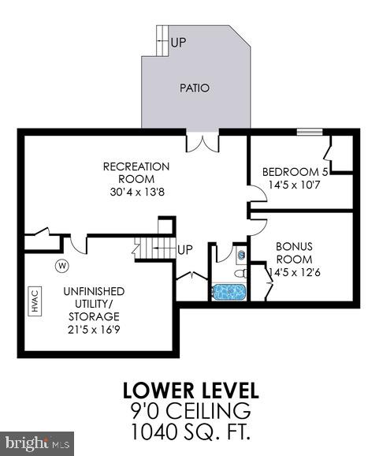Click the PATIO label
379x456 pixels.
tap(195, 88)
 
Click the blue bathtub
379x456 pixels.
tap(229, 292)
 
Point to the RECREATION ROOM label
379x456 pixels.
tap(136, 172)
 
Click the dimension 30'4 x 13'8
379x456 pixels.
tap(136, 191)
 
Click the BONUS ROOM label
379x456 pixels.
tap(294, 252)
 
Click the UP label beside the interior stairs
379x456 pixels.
tap(185, 250)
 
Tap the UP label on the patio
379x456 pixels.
tap(178, 42)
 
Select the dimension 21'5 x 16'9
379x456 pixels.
tap(93, 323)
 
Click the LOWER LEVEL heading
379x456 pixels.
tap(190, 391)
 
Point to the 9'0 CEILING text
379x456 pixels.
tap(190, 410)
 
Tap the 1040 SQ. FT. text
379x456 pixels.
tap(190, 431)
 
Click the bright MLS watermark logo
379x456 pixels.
tap(37, 443)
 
